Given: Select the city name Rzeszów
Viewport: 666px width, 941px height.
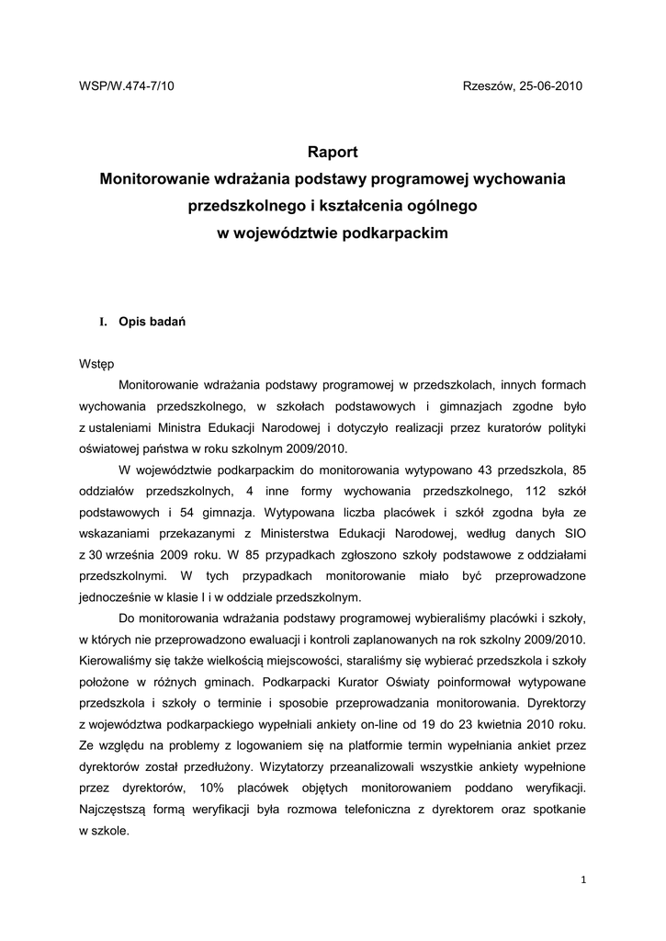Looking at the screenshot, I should pyautogui.click(x=486, y=85).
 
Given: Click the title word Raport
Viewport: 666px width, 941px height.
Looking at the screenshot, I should pyautogui.click(x=332, y=153).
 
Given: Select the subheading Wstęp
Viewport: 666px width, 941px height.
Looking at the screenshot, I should pyautogui.click(x=96, y=363).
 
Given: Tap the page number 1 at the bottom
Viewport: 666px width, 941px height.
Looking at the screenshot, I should pyautogui.click(x=583, y=879).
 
